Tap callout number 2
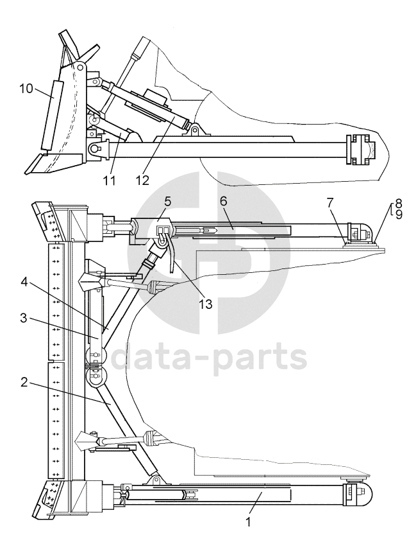point(24,382)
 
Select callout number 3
point(24,319)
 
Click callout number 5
point(167,202)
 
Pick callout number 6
point(224,201)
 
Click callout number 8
point(399,204)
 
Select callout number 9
point(399,214)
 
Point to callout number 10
point(26,88)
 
